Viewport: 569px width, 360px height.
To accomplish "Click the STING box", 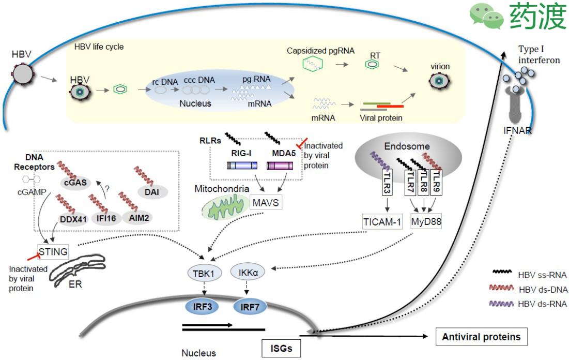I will click(53, 251).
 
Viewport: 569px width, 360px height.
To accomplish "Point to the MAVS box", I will click(265, 202).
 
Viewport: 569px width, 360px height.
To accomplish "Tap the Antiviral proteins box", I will click(481, 337).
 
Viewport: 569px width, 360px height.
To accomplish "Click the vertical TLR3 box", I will click(386, 184).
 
